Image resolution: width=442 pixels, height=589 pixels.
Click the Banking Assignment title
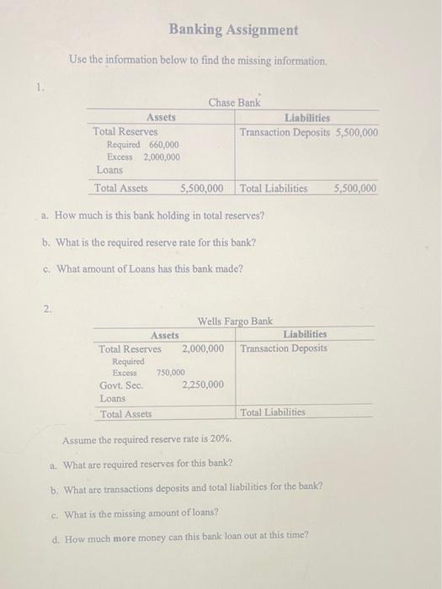tap(233, 29)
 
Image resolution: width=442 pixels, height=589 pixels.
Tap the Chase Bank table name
tap(234, 103)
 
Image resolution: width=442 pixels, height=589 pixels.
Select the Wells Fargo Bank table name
tap(234, 321)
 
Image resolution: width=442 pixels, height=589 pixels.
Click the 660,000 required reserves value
tap(164, 145)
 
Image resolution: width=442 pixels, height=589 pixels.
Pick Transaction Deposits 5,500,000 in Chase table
tap(308, 133)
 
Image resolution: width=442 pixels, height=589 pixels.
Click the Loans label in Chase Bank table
tap(110, 170)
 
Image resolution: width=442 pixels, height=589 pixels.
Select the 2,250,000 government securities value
tap(203, 385)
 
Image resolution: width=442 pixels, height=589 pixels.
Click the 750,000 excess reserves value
tap(171, 372)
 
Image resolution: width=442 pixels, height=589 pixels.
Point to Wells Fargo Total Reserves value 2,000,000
tap(203, 348)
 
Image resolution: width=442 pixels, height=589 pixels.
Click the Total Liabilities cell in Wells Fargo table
tap(273, 413)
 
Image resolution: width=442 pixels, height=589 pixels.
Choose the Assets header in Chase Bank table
tap(162, 119)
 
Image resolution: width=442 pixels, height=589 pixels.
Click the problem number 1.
tap(38, 86)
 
